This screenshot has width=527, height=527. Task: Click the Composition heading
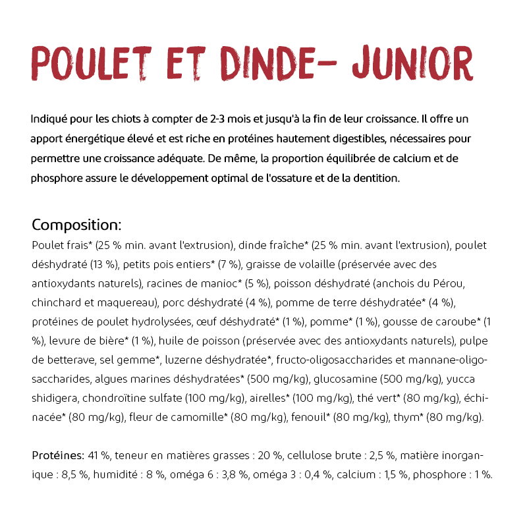pyautogui.click(x=76, y=225)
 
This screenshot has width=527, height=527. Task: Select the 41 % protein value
pyautogui.click(x=99, y=456)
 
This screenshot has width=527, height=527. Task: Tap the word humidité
pyautogui.click(x=119, y=475)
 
